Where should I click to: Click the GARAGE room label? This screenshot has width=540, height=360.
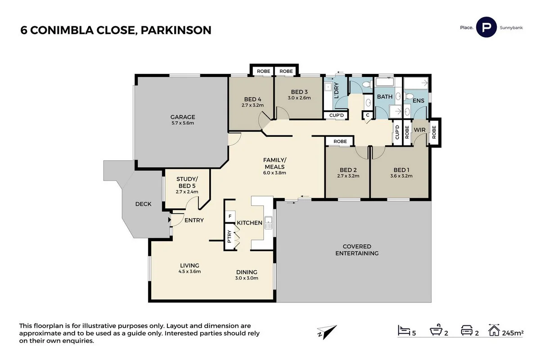click(x=182, y=117)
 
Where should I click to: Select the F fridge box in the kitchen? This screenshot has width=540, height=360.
click(x=230, y=216)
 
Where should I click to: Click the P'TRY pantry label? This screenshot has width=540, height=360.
click(x=229, y=237)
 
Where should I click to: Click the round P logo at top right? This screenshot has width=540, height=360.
click(x=486, y=27)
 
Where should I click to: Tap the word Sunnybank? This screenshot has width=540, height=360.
click(x=511, y=28)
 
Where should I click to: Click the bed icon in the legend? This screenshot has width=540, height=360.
click(x=404, y=332)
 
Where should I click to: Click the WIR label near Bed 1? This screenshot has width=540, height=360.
click(x=419, y=130)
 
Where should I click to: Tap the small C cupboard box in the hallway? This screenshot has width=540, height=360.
click(x=368, y=115)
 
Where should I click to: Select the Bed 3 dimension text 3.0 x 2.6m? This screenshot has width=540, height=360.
click(x=299, y=98)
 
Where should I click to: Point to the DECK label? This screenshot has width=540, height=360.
click(x=143, y=204)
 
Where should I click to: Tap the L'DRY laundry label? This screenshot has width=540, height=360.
click(x=336, y=93)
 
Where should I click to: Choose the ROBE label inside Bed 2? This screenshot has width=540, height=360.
click(x=340, y=141)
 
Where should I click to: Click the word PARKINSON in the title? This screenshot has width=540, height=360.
click(x=176, y=30)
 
